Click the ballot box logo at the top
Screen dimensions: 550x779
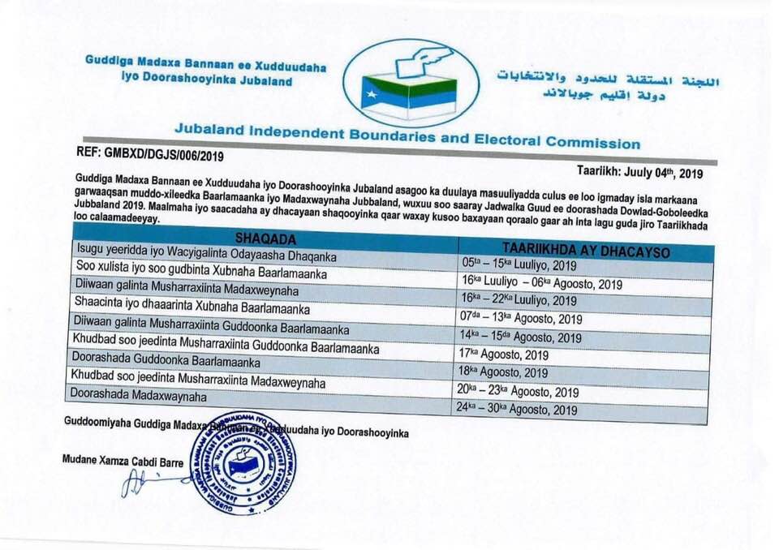pos(411,84)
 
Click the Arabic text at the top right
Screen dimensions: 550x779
pos(609,85)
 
